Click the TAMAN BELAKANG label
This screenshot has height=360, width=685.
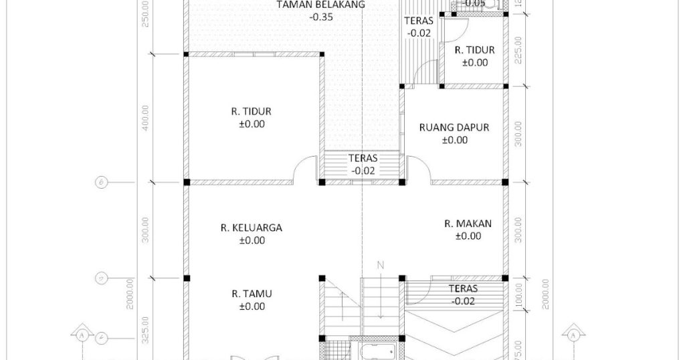321,4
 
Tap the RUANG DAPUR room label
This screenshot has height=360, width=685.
454,127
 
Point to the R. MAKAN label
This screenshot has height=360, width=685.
468,223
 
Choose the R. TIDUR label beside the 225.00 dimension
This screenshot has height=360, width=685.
474,50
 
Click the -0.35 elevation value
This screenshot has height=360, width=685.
321,17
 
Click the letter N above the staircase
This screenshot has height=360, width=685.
380,266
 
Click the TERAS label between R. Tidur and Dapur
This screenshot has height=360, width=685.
363,159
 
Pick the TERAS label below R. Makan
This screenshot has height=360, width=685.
463,289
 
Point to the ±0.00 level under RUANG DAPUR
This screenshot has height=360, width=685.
455,140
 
